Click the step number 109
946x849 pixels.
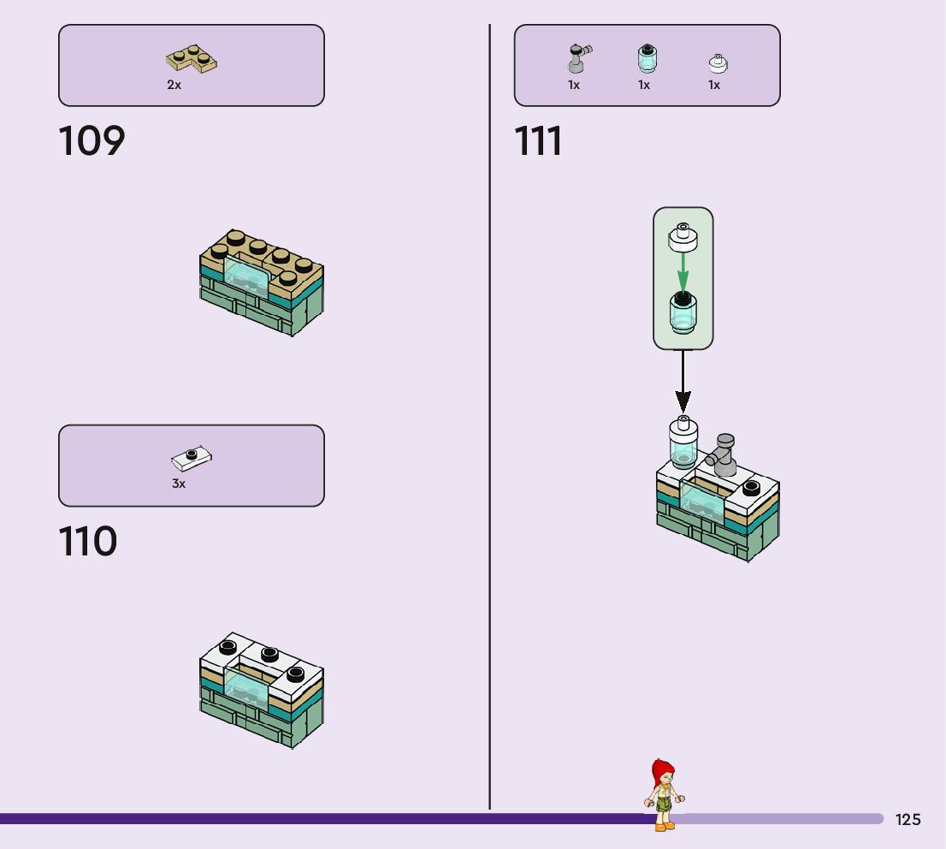[x=92, y=141]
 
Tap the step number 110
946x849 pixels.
[x=87, y=542]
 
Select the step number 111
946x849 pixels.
[x=538, y=141]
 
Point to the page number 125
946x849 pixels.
[x=908, y=820]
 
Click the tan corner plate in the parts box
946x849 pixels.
[x=191, y=59]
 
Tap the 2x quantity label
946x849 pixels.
[x=174, y=85]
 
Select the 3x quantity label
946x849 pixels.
[x=179, y=484]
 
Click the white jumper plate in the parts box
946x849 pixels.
[x=192, y=459]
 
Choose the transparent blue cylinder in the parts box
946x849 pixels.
[x=647, y=58]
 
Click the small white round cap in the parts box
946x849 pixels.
[x=718, y=62]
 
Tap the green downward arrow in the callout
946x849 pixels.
[x=683, y=271]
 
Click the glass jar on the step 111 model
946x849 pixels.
[x=683, y=442]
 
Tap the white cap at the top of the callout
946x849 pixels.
[x=683, y=236]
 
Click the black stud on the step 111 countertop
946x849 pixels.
[x=751, y=488]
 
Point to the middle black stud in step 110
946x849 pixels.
[x=269, y=655]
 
